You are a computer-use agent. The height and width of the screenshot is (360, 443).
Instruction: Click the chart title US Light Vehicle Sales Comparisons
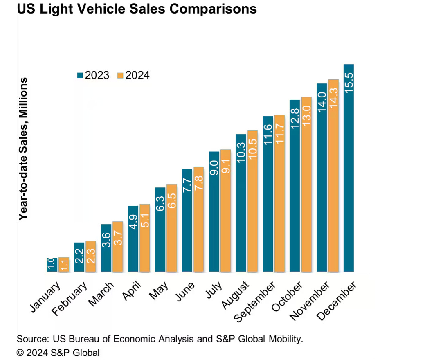(137, 9)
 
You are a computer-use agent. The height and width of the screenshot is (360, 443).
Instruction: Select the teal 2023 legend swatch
(80, 75)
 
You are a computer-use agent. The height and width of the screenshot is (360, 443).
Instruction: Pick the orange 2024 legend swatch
(120, 75)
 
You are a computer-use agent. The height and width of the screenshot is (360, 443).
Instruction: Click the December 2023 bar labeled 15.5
(349, 168)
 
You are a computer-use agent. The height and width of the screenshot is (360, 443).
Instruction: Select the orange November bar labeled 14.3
(333, 176)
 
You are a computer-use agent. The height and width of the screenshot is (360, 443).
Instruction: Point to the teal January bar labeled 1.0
(52, 265)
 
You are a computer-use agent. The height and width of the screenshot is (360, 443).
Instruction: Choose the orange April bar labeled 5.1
(144, 238)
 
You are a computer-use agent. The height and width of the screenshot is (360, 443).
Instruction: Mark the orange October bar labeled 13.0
(306, 184)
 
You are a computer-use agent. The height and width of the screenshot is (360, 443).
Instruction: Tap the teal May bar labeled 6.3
(160, 229)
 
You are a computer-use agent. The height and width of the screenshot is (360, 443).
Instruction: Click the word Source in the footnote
(31, 339)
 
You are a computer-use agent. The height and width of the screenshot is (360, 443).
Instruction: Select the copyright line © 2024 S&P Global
(58, 352)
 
